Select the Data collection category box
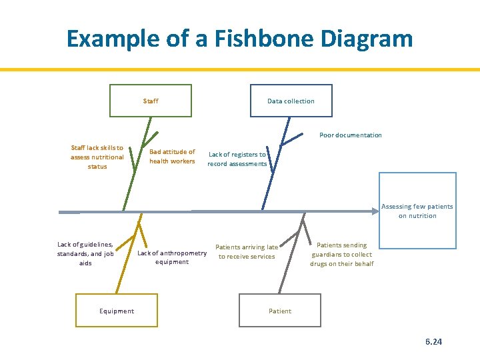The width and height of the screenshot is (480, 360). click(291, 101)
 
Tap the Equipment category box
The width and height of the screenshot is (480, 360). click(116, 311)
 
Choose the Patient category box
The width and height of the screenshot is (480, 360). click(280, 311)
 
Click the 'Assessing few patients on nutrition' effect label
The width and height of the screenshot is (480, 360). click(417, 211)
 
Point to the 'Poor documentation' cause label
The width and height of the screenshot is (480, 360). click(351, 135)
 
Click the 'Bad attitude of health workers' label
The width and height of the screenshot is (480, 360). click(172, 156)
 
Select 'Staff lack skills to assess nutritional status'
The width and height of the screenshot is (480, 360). click(97, 157)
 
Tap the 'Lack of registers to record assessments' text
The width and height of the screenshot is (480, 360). click(237, 159)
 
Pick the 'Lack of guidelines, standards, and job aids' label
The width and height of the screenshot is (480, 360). click(85, 253)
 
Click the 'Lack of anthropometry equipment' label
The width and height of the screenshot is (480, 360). click(172, 257)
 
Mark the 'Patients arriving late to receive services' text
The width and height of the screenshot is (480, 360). click(247, 251)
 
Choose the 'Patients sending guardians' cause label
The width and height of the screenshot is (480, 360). click(341, 254)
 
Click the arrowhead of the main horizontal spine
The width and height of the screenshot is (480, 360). click(375, 211)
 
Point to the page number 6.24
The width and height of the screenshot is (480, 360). click(433, 341)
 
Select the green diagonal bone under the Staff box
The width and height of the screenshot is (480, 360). click(137, 167)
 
